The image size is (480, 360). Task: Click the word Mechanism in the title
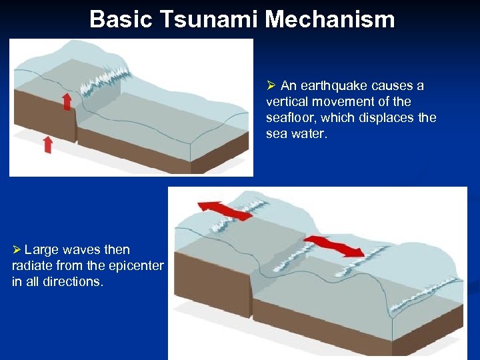(x=330, y=19)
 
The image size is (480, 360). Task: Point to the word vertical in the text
(x=284, y=102)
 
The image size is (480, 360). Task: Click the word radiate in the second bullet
(x=33, y=266)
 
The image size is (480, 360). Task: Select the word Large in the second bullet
(x=41, y=250)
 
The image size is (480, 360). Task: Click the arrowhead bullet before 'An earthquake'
(x=271, y=86)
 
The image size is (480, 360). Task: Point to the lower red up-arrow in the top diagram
(x=47, y=143)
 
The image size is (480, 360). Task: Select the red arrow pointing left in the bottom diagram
(x=225, y=209)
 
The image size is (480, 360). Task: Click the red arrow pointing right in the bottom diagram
(x=335, y=245)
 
